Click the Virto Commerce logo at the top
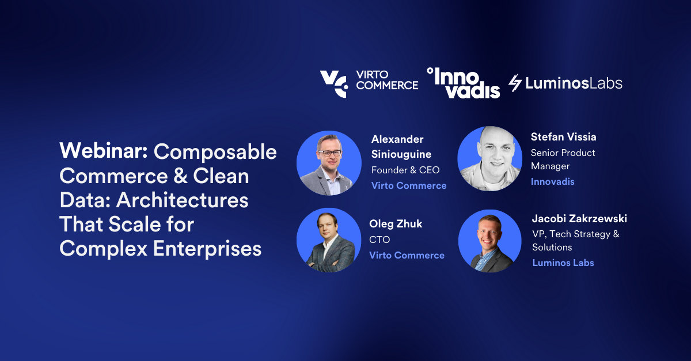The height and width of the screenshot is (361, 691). [x=369, y=84]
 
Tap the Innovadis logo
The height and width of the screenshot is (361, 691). [x=463, y=83]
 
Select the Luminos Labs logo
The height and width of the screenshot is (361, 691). [x=565, y=83]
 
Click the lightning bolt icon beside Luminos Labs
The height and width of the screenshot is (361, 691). [x=515, y=83]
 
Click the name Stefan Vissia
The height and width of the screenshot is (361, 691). [x=563, y=137]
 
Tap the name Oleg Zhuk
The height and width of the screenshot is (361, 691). [x=396, y=224]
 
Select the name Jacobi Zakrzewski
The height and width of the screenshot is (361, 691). [x=579, y=219]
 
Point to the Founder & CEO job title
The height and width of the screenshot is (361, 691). [x=405, y=170]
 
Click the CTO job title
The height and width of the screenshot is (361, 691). [x=379, y=240]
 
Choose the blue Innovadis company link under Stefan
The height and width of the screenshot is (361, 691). [x=552, y=182]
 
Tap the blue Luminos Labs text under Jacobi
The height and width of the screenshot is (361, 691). [x=563, y=263]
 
